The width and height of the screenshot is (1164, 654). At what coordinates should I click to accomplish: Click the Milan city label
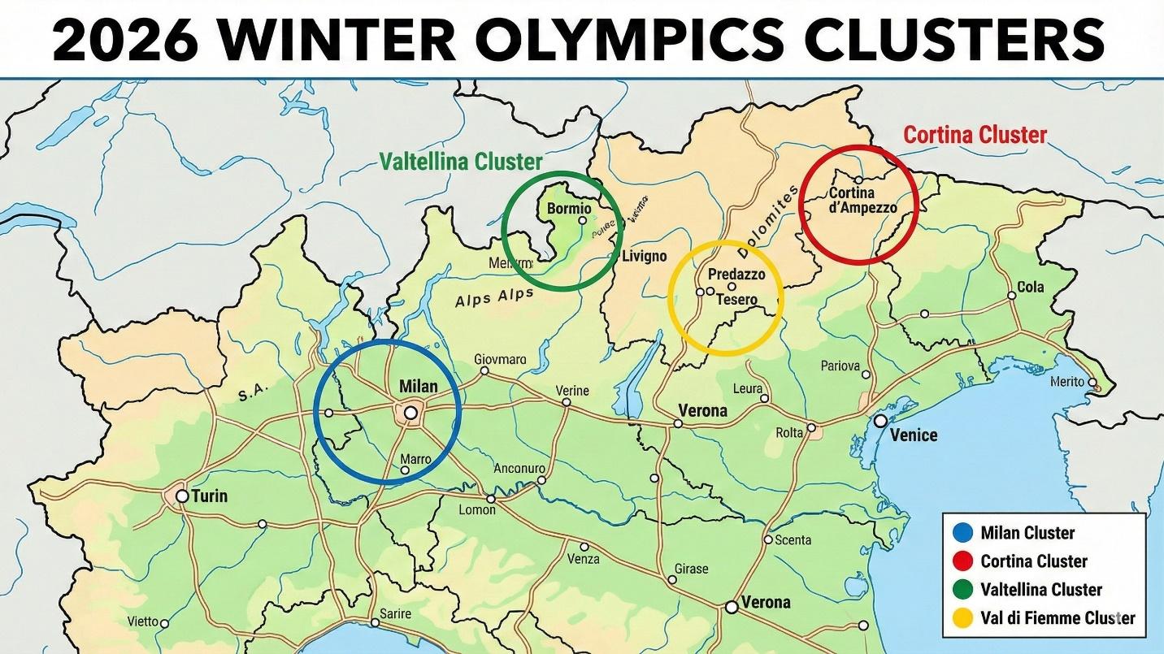pos(419,388)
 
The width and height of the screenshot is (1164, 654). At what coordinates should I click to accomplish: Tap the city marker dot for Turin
pos(182,496)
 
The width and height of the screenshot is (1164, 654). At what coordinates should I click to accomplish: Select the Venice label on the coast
pos(914,435)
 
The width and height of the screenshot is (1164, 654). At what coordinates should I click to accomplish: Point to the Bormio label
pos(570,208)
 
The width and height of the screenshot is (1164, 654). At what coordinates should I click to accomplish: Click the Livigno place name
pos(644,257)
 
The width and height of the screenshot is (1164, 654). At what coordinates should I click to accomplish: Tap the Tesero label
pos(736,300)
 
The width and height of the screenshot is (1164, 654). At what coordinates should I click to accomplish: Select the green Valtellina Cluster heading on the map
pos(461,162)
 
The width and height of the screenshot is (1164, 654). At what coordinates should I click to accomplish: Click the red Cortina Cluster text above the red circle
pos(975,134)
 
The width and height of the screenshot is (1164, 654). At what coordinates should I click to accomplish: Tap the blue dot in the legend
pos(962,533)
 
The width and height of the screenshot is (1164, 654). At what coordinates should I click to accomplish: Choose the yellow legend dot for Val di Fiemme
pos(962,618)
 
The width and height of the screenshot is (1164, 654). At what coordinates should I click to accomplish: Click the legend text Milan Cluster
pos(1027,533)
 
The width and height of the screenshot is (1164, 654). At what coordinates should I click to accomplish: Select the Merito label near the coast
pos(1067,382)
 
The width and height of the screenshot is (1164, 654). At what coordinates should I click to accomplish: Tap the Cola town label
pos(1031,287)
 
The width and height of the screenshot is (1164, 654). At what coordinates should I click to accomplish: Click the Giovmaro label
pos(500,359)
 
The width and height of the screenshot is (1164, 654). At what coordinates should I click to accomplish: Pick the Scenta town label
pos(793,539)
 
